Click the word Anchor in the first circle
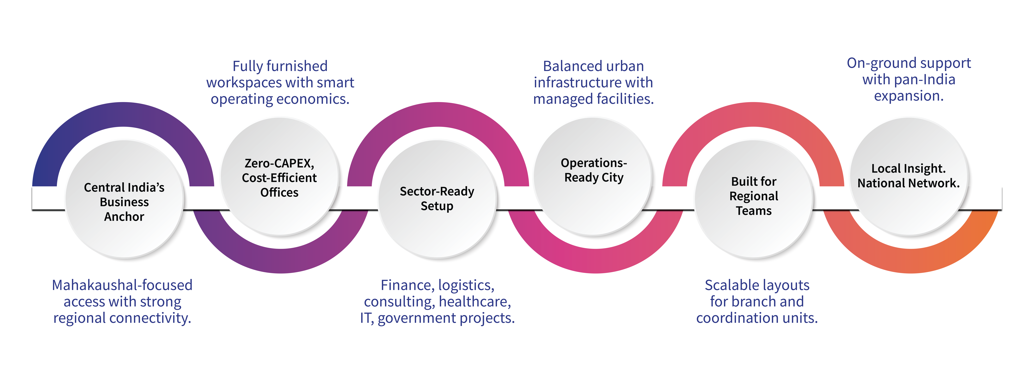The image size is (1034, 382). click(124, 217)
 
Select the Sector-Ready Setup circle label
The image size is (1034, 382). click(437, 198)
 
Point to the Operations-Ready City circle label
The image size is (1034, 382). click(594, 170)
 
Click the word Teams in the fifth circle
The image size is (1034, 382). click(753, 211)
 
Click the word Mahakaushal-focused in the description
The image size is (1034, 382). click(122, 285)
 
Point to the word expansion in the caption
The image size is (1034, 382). click(909, 96)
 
